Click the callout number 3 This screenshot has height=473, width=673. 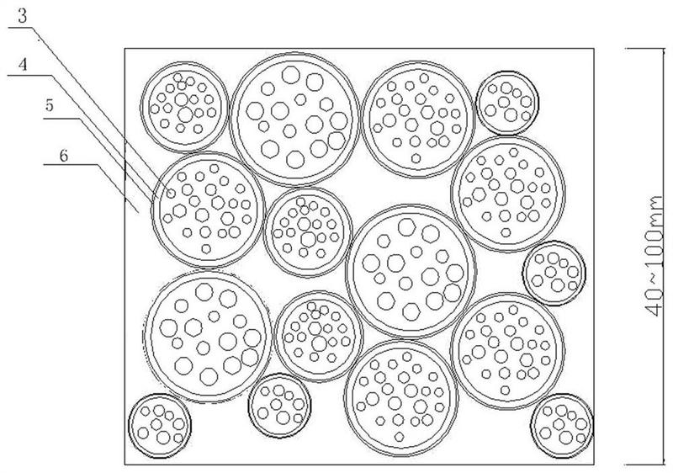click(23, 16)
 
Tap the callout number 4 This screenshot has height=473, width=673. click(23, 64)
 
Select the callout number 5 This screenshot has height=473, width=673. click(50, 104)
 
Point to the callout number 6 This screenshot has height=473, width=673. click(64, 156)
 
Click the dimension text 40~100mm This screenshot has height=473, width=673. click(655, 257)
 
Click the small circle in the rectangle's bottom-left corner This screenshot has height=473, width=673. click(160, 425)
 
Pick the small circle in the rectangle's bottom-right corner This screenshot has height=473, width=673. click(562, 425)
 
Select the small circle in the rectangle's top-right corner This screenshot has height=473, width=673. click(507, 103)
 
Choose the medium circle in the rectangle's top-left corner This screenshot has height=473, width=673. click(184, 107)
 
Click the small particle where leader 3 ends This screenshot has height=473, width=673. click(171, 194)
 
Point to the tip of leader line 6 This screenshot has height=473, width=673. click(139, 212)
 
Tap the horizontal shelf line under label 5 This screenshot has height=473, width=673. click(61, 118)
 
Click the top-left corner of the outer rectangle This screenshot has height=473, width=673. click(125, 49)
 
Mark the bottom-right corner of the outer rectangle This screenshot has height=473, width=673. click(594, 465)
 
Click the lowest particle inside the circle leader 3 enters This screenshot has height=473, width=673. click(206, 248)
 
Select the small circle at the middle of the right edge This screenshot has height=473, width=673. click(554, 273)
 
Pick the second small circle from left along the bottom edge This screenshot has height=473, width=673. click(279, 406)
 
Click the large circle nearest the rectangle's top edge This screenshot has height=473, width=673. click(294, 120)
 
